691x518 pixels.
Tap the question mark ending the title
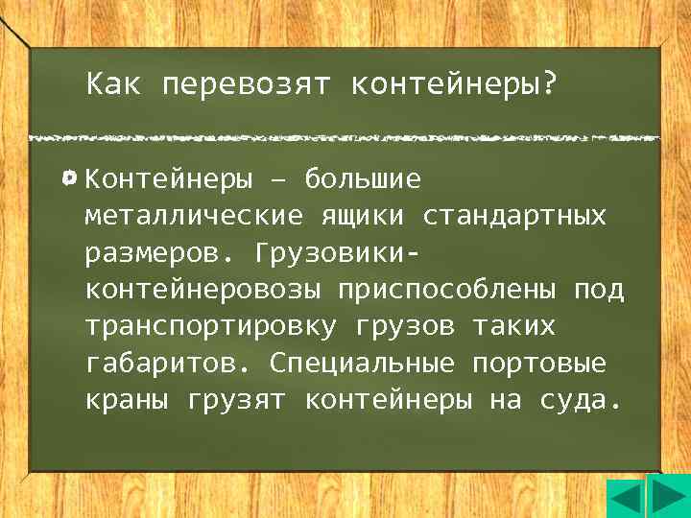tap(548, 86)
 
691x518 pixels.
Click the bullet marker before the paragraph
tap(70, 178)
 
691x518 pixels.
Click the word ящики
tap(362, 216)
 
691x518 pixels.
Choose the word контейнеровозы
tap(204, 290)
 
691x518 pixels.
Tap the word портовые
tap(539, 364)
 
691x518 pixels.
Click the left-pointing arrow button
tap(625, 500)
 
